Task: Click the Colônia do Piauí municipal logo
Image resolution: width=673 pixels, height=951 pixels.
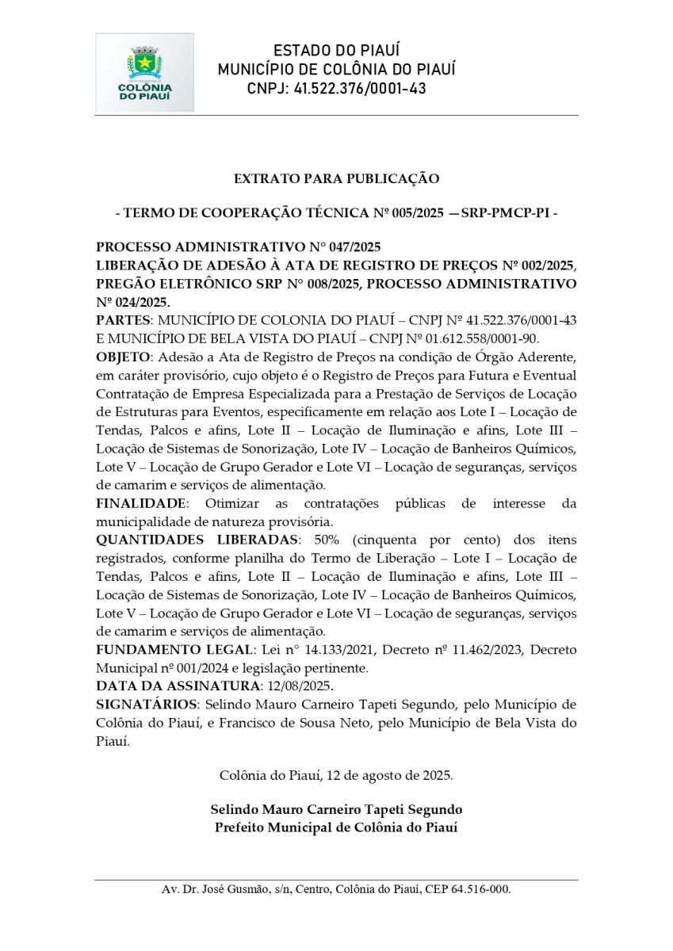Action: pos(144,73)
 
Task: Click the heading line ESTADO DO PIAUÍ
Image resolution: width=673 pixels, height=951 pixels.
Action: pos(336,52)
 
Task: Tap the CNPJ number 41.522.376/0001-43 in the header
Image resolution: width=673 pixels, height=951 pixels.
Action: pos(360,89)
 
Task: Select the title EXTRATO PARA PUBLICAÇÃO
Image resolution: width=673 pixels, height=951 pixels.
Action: pos(336,179)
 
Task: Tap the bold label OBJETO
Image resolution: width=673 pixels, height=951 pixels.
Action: pos(124,357)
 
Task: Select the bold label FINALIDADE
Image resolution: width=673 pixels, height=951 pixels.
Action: pos(141,503)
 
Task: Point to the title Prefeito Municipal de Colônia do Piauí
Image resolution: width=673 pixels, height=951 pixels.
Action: pos(336,828)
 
